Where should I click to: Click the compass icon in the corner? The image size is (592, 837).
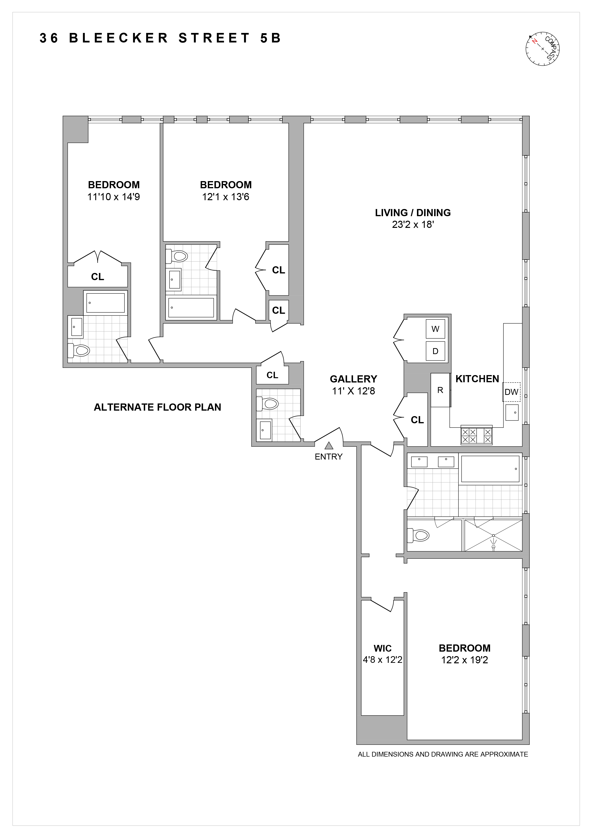[542, 48]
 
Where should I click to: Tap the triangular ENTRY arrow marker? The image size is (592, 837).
[329, 445]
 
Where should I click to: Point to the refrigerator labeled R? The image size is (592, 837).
[440, 390]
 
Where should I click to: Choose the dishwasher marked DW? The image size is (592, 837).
[511, 392]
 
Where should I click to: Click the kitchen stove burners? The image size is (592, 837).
[476, 435]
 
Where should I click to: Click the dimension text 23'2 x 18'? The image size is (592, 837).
[413, 225]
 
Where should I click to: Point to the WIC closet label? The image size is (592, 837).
[382, 648]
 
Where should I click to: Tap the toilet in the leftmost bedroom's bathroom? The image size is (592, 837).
[79, 351]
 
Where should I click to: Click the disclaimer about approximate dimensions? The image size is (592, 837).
[443, 754]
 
